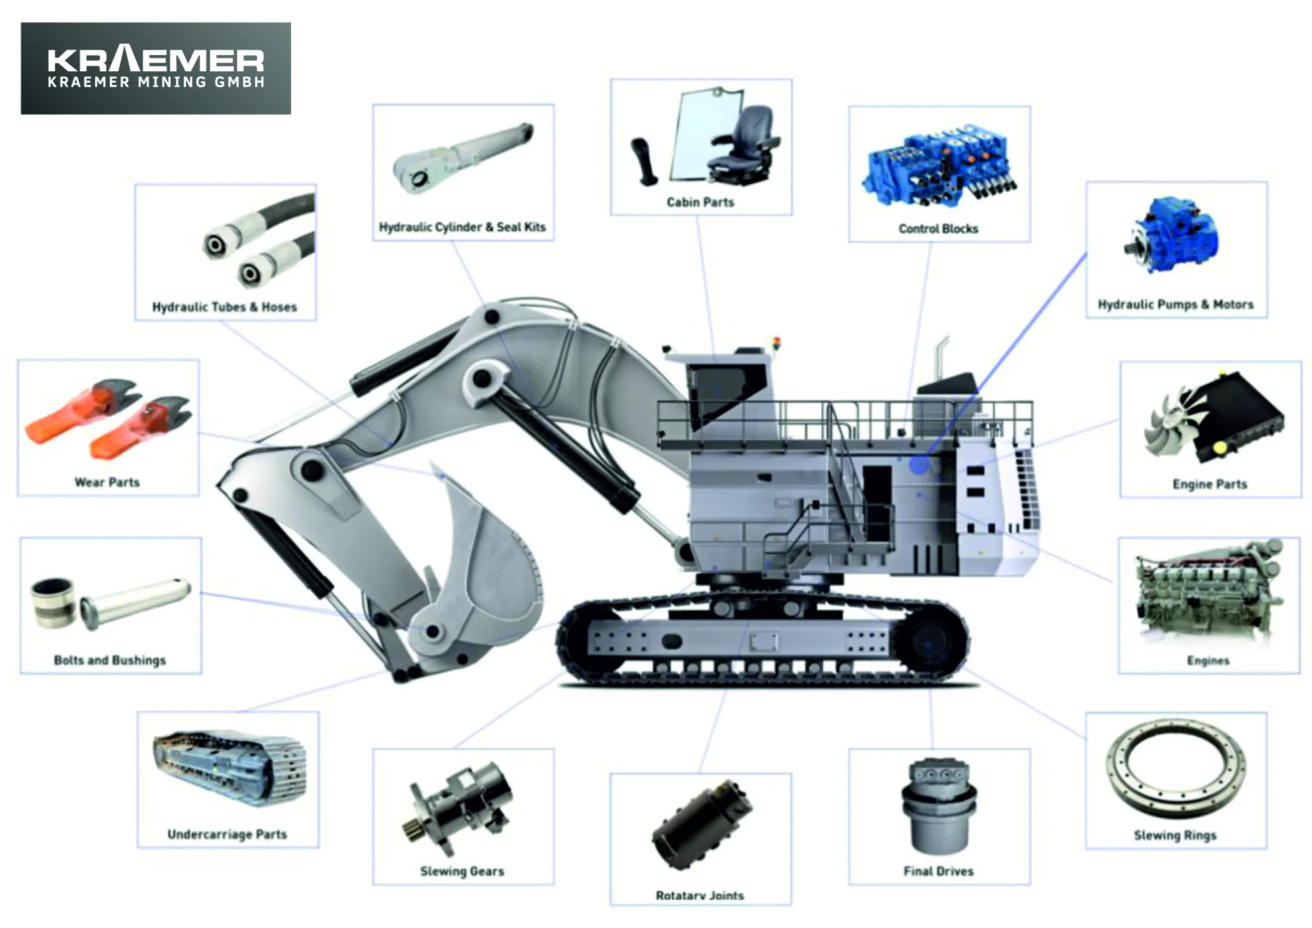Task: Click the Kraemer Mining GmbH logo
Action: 155,68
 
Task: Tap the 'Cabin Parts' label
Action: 700,202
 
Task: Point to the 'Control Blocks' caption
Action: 938,229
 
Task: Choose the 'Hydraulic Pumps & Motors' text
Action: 1175,304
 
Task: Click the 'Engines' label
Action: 1208,661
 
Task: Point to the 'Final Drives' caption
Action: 938,871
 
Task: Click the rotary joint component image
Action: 702,824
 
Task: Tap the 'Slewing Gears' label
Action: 462,871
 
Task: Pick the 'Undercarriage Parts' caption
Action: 227,834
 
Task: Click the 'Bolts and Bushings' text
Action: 110,660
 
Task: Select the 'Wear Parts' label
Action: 107,482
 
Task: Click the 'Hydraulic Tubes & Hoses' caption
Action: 224,307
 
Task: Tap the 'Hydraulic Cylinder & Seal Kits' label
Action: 462,227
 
